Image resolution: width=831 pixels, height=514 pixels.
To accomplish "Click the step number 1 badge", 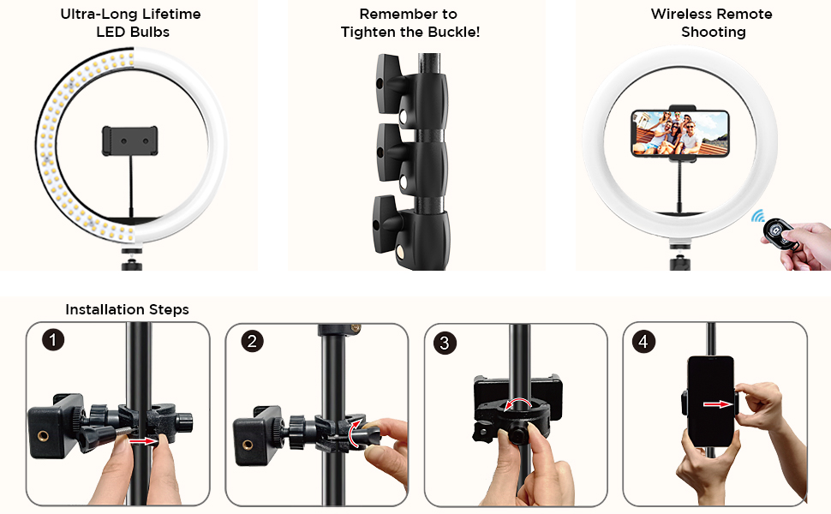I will coord(53,340).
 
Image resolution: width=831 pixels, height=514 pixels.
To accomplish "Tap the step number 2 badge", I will coord(252,341).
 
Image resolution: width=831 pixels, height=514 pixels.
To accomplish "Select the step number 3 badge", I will coord(443,344).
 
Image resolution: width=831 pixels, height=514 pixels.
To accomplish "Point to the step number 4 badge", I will coord(643,341).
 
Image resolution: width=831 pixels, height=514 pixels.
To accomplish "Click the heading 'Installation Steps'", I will coord(127,309).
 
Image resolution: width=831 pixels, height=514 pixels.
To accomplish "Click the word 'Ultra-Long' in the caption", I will coord(94,15).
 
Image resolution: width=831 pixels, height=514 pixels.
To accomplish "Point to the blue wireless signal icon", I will coord(758,217).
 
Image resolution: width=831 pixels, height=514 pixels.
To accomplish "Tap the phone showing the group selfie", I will coord(679,133).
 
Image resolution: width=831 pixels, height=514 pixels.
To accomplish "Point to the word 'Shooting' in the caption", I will coord(713,32).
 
